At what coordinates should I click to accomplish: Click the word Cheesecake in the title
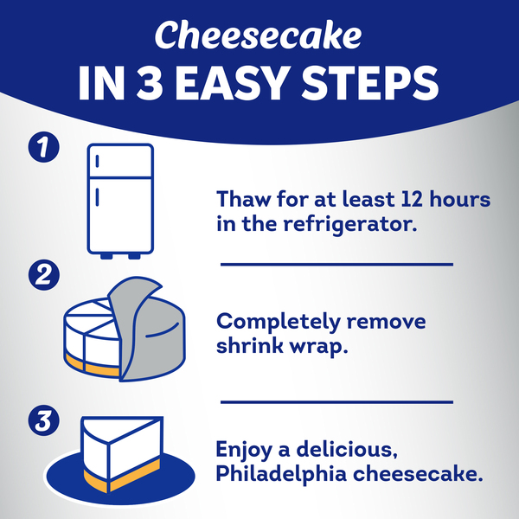point(258,35)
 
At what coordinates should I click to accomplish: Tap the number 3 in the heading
point(150,83)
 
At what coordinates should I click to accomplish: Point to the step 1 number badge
point(44,147)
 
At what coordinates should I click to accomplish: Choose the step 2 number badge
point(44,275)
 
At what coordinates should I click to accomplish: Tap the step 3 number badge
point(44,420)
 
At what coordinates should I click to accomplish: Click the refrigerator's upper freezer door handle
point(97,161)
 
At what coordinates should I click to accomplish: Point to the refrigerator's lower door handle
point(97,197)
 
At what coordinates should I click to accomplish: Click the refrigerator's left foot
point(106,256)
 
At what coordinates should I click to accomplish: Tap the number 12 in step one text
point(412,199)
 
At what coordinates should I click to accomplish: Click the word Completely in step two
point(279,322)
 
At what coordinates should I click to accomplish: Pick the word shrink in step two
point(250,346)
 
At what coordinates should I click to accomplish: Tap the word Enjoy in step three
point(244,451)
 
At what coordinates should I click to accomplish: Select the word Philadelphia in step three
point(281,474)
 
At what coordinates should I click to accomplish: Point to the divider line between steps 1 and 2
point(336,265)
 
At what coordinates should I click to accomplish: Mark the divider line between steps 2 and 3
point(336,402)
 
